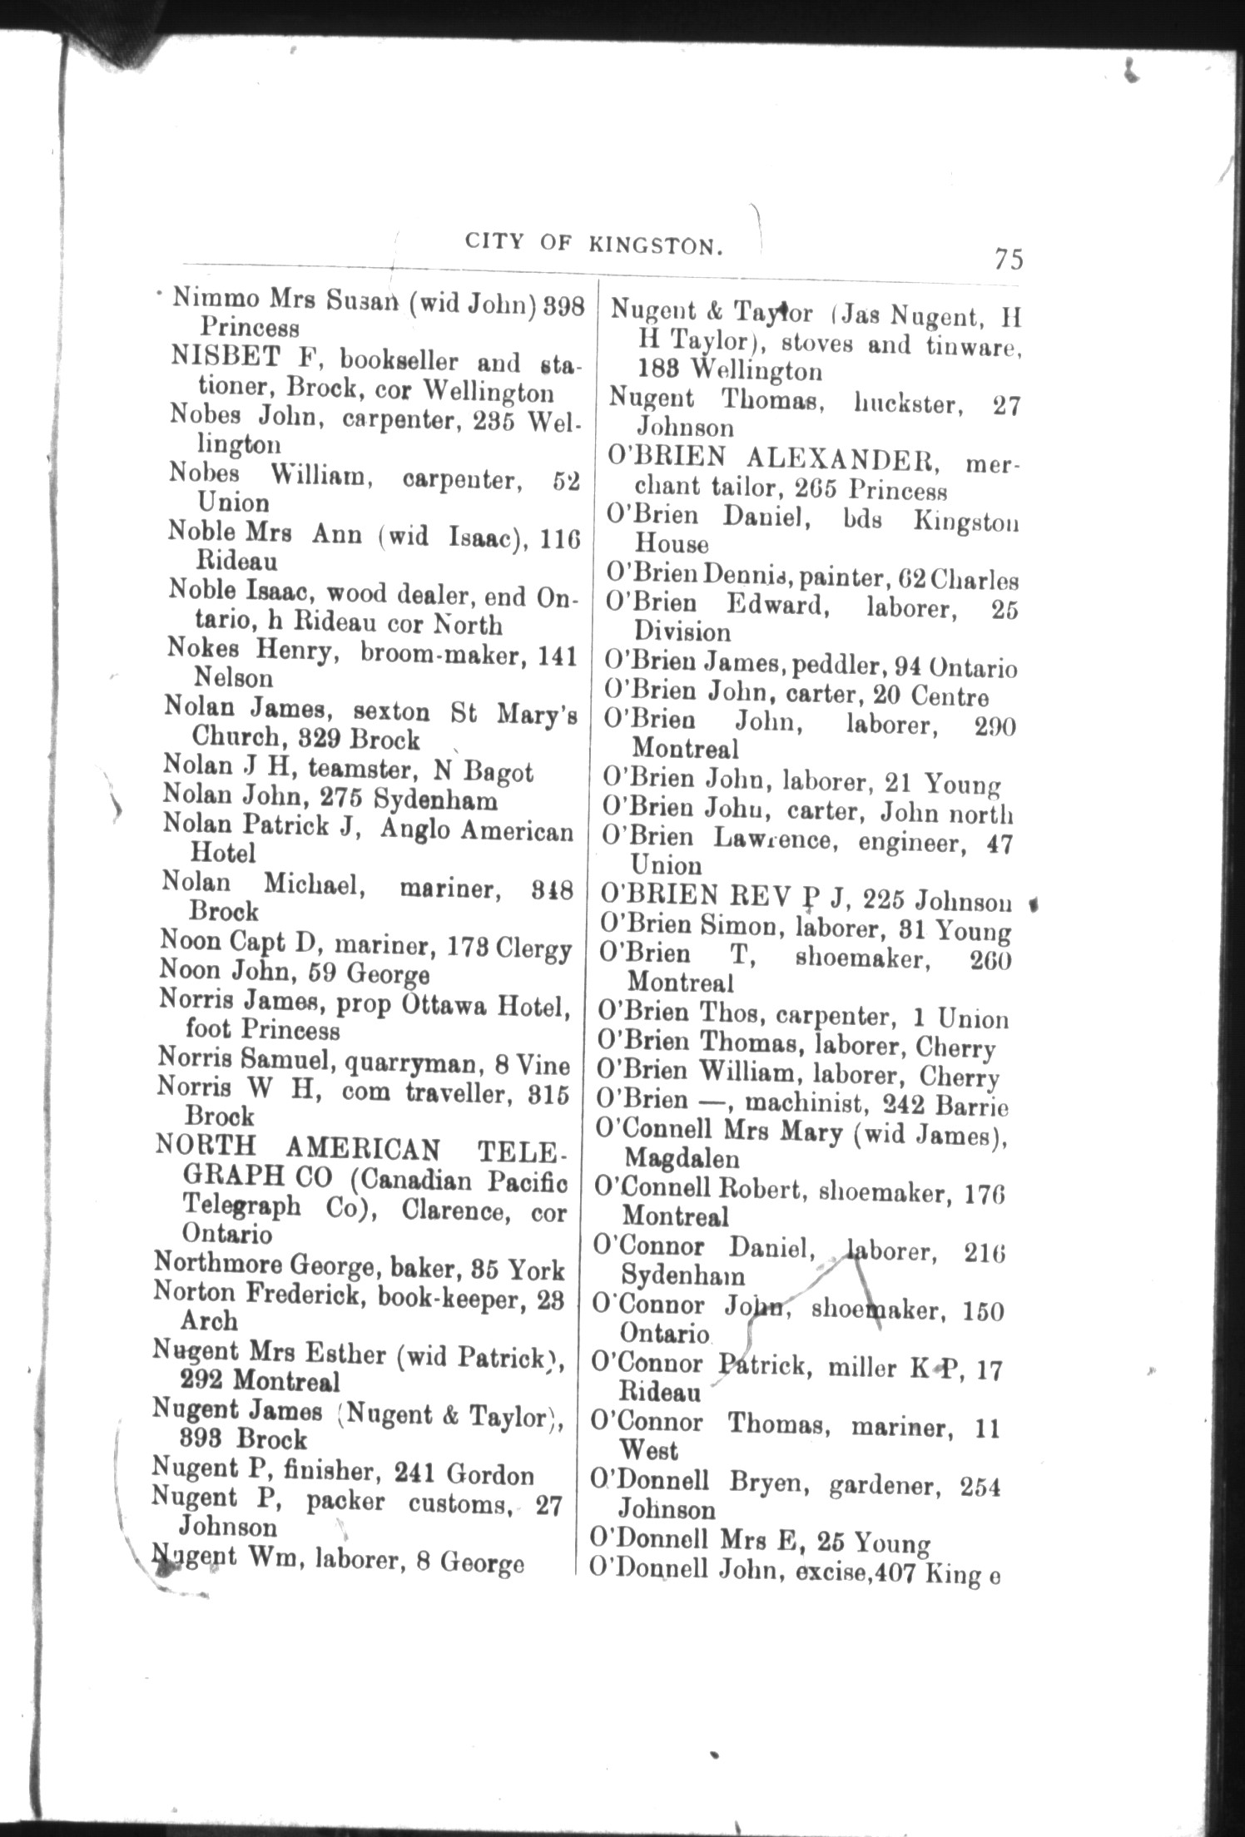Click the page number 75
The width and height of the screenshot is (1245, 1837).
coord(1007,260)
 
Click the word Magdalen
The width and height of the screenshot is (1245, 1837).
coord(681,1157)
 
